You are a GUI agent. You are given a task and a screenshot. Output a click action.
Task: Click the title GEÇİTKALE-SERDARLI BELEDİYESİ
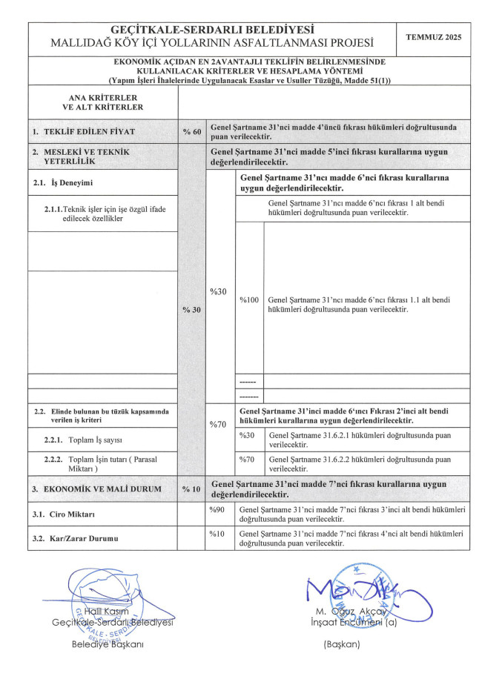211,29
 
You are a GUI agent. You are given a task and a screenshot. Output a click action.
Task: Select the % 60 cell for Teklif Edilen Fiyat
191,131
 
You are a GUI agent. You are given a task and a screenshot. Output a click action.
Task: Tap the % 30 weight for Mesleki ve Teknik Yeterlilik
191,310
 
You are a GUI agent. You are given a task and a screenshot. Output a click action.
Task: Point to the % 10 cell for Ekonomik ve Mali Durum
191,489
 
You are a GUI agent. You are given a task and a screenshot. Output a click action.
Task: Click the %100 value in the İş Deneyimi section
248,300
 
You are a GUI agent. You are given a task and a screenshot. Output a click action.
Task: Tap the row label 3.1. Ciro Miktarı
64,514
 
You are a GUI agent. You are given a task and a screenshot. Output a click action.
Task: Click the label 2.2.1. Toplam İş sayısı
83,440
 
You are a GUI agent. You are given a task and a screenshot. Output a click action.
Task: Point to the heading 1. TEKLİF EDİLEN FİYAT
83,131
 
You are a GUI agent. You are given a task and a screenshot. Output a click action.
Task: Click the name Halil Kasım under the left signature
112,612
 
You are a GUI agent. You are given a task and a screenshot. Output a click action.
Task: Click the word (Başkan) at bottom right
341,644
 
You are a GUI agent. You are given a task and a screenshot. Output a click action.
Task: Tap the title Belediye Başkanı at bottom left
107,644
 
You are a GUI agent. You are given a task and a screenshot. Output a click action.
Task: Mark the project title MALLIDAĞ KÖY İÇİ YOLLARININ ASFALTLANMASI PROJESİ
211,43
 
